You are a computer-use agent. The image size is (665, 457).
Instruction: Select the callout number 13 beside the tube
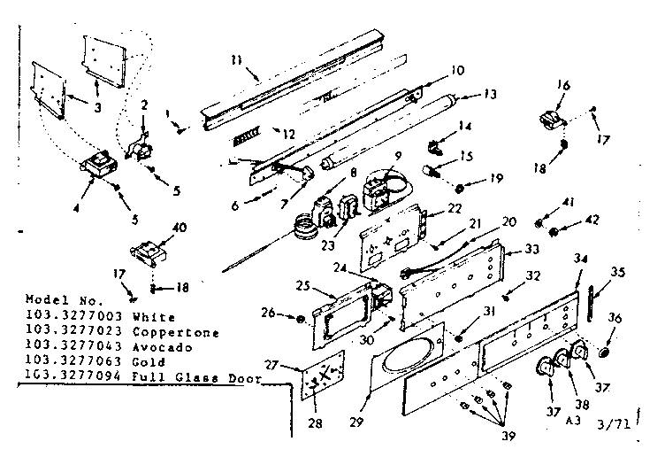[x=491, y=94]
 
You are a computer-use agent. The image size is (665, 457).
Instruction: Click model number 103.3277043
[x=67, y=347]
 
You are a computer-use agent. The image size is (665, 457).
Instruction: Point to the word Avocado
[x=153, y=347]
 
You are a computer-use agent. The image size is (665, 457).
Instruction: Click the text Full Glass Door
[x=176, y=376]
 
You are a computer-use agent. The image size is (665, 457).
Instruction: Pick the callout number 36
[x=615, y=318]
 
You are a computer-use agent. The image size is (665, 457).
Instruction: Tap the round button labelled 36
[x=605, y=352]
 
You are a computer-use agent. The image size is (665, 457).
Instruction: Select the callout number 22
[x=455, y=208]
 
